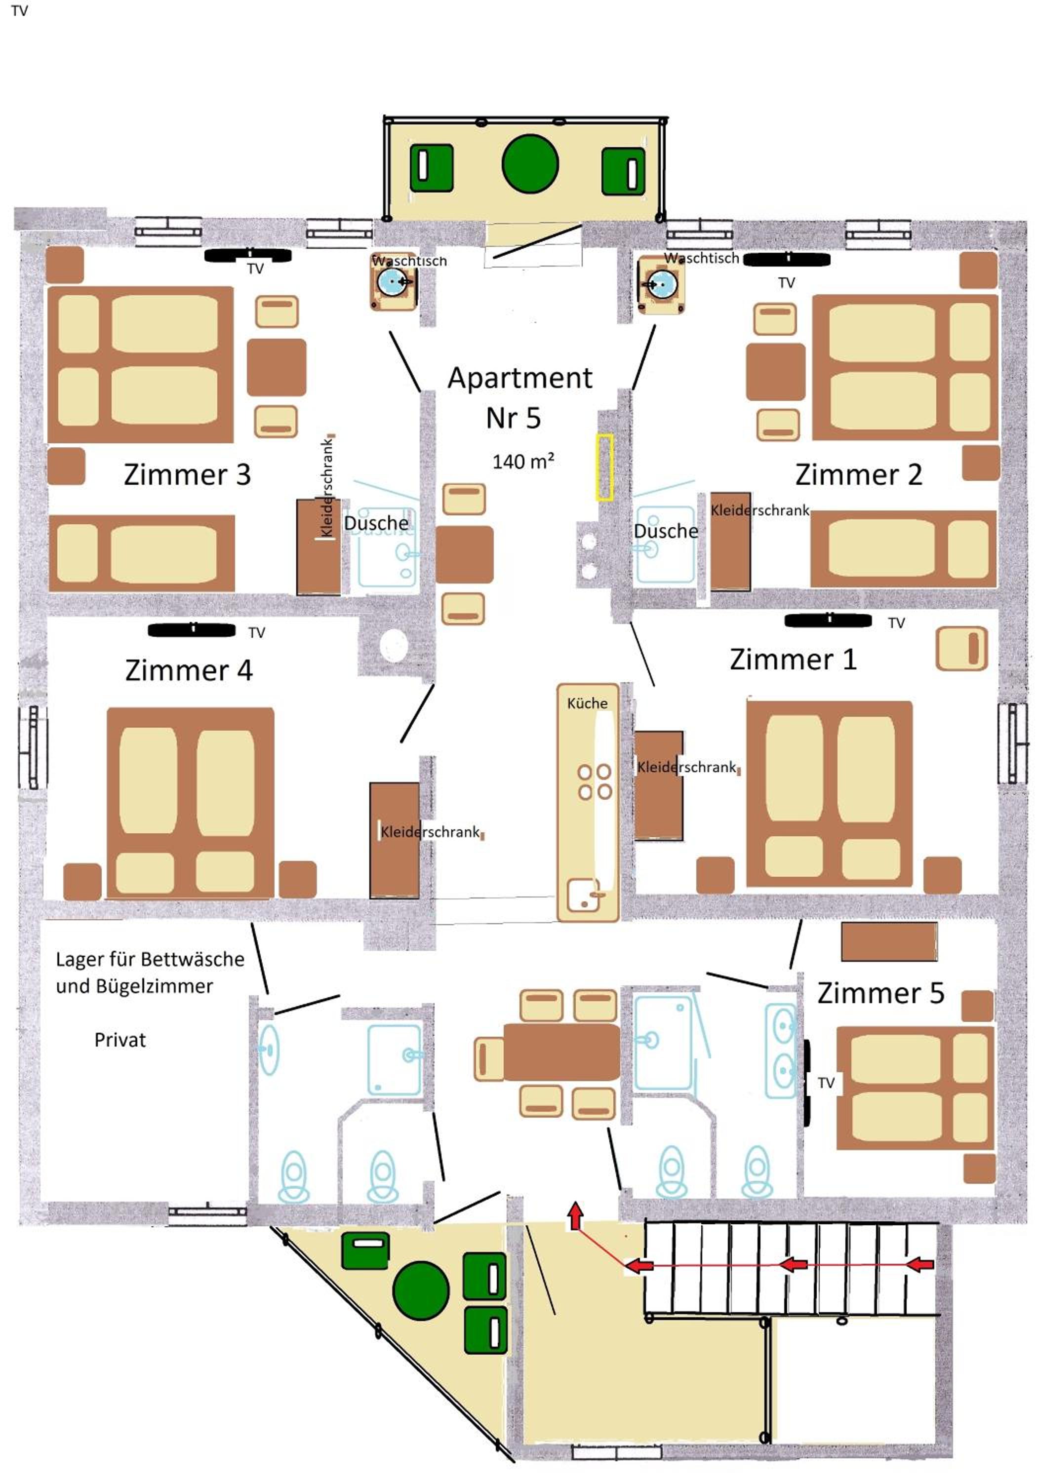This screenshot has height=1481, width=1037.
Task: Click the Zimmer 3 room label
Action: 187,475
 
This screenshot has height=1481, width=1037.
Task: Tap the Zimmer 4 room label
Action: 189,670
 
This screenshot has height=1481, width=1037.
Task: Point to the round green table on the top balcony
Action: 530,164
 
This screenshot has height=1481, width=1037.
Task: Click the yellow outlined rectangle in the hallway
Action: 604,467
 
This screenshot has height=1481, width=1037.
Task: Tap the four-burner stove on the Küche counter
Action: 595,782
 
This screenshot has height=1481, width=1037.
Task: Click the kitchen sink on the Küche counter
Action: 583,895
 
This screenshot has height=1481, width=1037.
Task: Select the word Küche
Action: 587,703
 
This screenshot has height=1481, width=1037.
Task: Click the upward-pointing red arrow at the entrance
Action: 575,1216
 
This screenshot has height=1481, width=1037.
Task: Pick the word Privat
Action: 120,1040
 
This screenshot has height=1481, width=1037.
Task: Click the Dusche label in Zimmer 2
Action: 665,531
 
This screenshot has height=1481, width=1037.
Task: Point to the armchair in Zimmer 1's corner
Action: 961,648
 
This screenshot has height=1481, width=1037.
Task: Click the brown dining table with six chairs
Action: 561,1052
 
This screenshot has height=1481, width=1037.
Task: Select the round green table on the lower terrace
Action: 421,1289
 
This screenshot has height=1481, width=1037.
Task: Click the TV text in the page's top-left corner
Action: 19,11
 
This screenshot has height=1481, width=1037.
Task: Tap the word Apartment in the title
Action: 519,378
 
